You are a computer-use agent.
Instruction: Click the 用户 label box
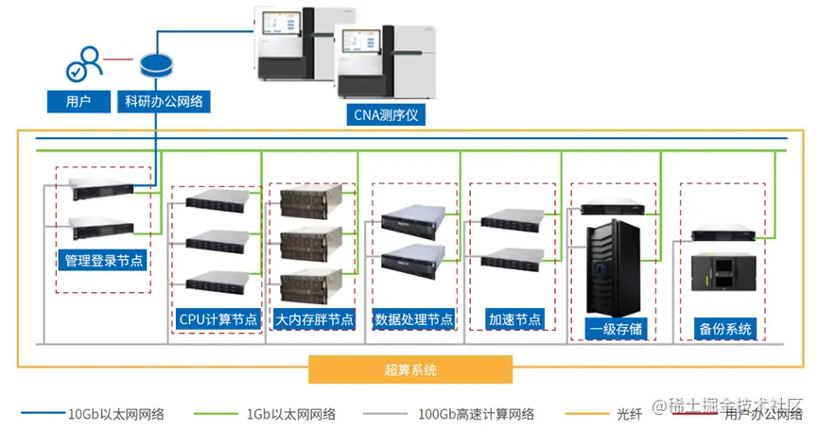click(x=78, y=101)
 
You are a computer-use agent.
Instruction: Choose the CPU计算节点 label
click(x=218, y=318)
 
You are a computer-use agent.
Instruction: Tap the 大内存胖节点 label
click(x=314, y=318)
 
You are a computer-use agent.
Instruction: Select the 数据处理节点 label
click(x=413, y=318)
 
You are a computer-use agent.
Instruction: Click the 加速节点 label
click(x=515, y=318)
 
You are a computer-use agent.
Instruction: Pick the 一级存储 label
click(x=615, y=329)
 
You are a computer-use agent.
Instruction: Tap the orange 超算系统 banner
click(x=410, y=370)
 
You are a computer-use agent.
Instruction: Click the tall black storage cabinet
click(x=615, y=269)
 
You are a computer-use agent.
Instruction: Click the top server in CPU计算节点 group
click(x=218, y=201)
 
